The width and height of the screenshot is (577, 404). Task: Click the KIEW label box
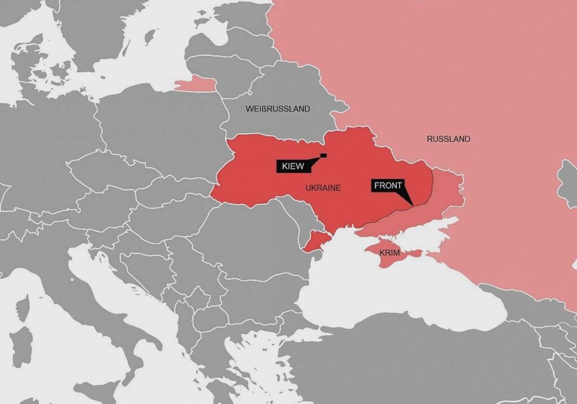pyautogui.click(x=291, y=166)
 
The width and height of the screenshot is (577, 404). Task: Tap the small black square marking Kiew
pyautogui.click(x=323, y=156)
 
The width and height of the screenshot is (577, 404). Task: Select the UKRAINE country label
pyautogui.click(x=323, y=188)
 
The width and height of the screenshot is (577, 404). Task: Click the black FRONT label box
pyautogui.click(x=388, y=185)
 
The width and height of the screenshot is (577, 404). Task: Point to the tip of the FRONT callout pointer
pyautogui.click(x=413, y=205)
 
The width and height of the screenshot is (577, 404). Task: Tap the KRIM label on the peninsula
pyautogui.click(x=389, y=253)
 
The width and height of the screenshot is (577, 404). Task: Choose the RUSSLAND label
pyautogui.click(x=448, y=139)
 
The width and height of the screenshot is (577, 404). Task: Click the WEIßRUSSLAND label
pyautogui.click(x=278, y=109)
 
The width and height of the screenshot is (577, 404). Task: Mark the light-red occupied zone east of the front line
pyautogui.click(x=445, y=194)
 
